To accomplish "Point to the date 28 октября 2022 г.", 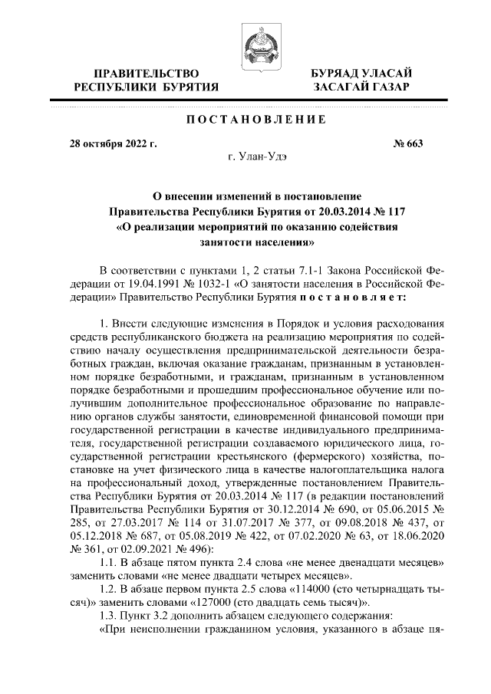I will (x=113, y=143).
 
